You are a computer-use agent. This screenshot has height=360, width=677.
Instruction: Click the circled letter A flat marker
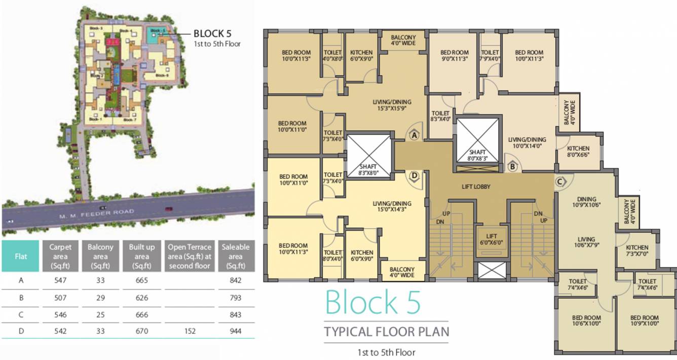point(414,135)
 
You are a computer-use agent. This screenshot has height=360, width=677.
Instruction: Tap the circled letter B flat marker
point(512,166)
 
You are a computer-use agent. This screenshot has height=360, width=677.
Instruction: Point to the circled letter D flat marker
point(414,176)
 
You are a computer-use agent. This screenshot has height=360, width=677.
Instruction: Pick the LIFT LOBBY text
point(476,187)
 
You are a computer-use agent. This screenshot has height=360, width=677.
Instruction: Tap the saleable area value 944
point(235,332)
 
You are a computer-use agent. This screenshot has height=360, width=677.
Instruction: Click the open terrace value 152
point(190,332)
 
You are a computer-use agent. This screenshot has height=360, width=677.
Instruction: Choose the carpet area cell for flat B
point(60,298)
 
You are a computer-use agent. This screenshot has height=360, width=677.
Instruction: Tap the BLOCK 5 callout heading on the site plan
point(212,33)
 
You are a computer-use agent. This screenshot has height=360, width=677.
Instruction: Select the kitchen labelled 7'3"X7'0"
point(636,250)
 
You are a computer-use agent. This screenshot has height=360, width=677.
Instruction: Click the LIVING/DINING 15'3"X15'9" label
point(392,104)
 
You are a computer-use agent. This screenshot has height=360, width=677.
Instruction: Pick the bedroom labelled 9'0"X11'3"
point(454,56)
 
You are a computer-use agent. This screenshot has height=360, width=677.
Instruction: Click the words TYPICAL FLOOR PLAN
point(386,333)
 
